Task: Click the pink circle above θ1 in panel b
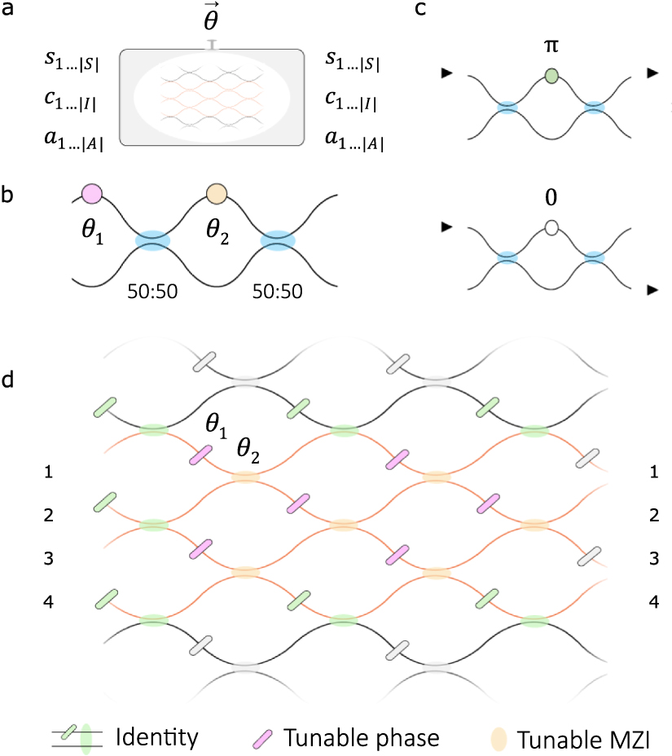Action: click(91, 193)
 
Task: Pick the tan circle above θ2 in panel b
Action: click(216, 193)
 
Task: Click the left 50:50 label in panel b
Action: click(152, 292)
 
